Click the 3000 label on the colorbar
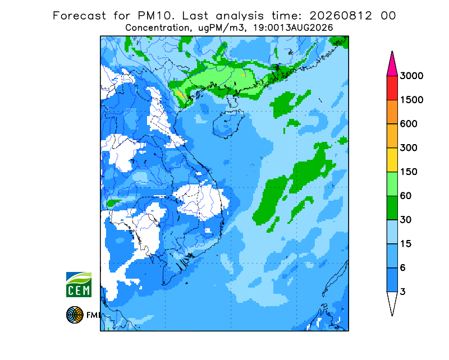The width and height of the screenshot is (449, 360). (x=411, y=76)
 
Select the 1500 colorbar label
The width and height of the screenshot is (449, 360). (x=411, y=100)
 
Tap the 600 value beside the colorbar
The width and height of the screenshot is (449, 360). (x=409, y=124)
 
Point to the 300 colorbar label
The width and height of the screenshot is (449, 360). (x=409, y=148)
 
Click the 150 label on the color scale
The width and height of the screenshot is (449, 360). (x=409, y=172)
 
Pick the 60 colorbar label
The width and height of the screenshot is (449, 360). (x=405, y=196)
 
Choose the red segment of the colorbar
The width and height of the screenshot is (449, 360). (x=392, y=88)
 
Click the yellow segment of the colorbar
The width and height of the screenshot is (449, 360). (x=392, y=160)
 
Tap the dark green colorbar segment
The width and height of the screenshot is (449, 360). (x=392, y=208)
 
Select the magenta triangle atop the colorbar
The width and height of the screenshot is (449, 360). (x=392, y=66)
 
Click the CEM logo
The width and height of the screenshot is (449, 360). (x=79, y=284)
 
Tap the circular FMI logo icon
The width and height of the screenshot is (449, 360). (x=75, y=315)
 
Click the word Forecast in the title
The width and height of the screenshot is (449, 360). (x=79, y=16)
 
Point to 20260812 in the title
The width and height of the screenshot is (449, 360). (x=341, y=16)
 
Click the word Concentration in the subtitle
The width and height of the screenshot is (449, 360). (x=157, y=28)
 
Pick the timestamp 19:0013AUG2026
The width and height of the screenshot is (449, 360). (x=293, y=28)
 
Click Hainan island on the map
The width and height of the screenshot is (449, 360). (x=228, y=123)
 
